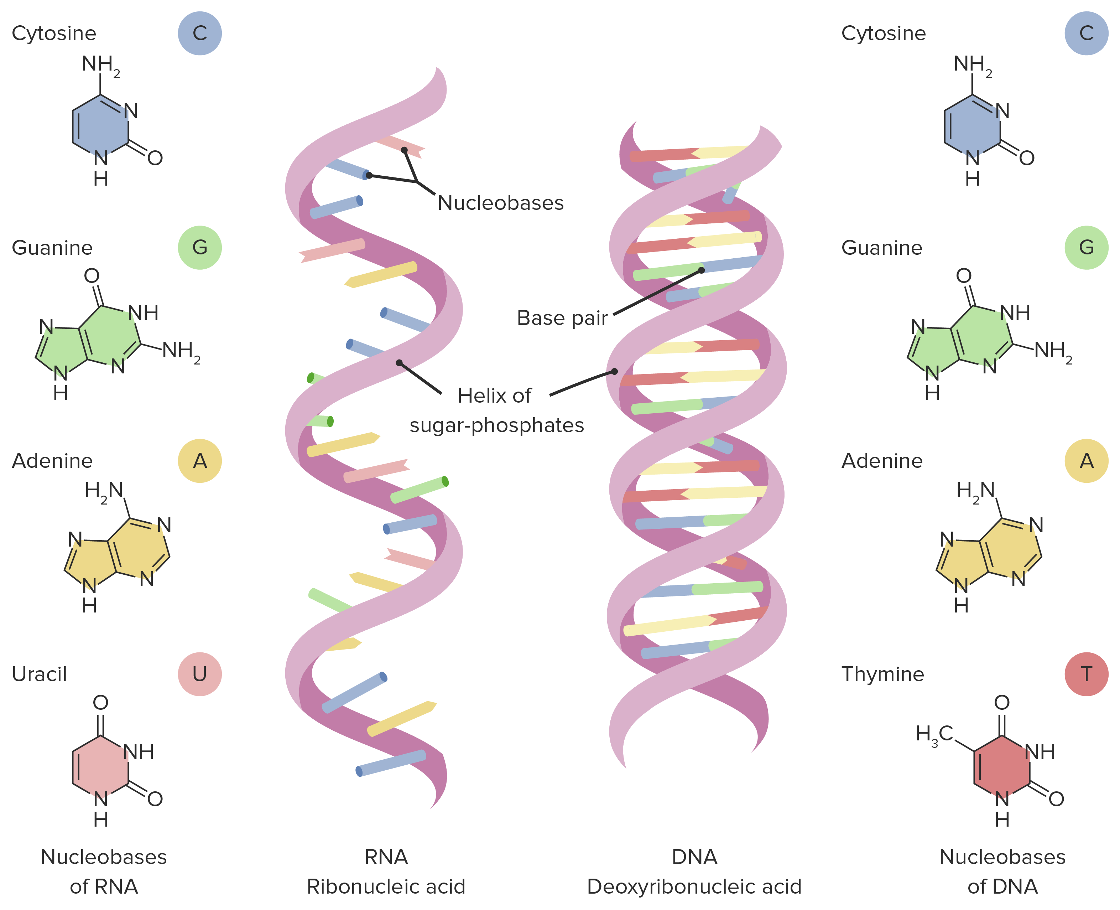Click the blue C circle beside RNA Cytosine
tap(199, 33)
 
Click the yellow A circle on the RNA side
tap(199, 461)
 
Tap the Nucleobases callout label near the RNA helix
tap(500, 203)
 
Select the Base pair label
tap(562, 318)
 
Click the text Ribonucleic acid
tap(386, 886)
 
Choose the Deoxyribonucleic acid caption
tap(694, 886)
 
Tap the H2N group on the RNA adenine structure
tap(104, 492)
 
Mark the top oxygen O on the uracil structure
tap(100, 702)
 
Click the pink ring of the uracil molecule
tap(100, 767)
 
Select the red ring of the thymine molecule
tap(1002, 767)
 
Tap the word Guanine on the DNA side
tap(882, 247)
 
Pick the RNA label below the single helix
tap(386, 857)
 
